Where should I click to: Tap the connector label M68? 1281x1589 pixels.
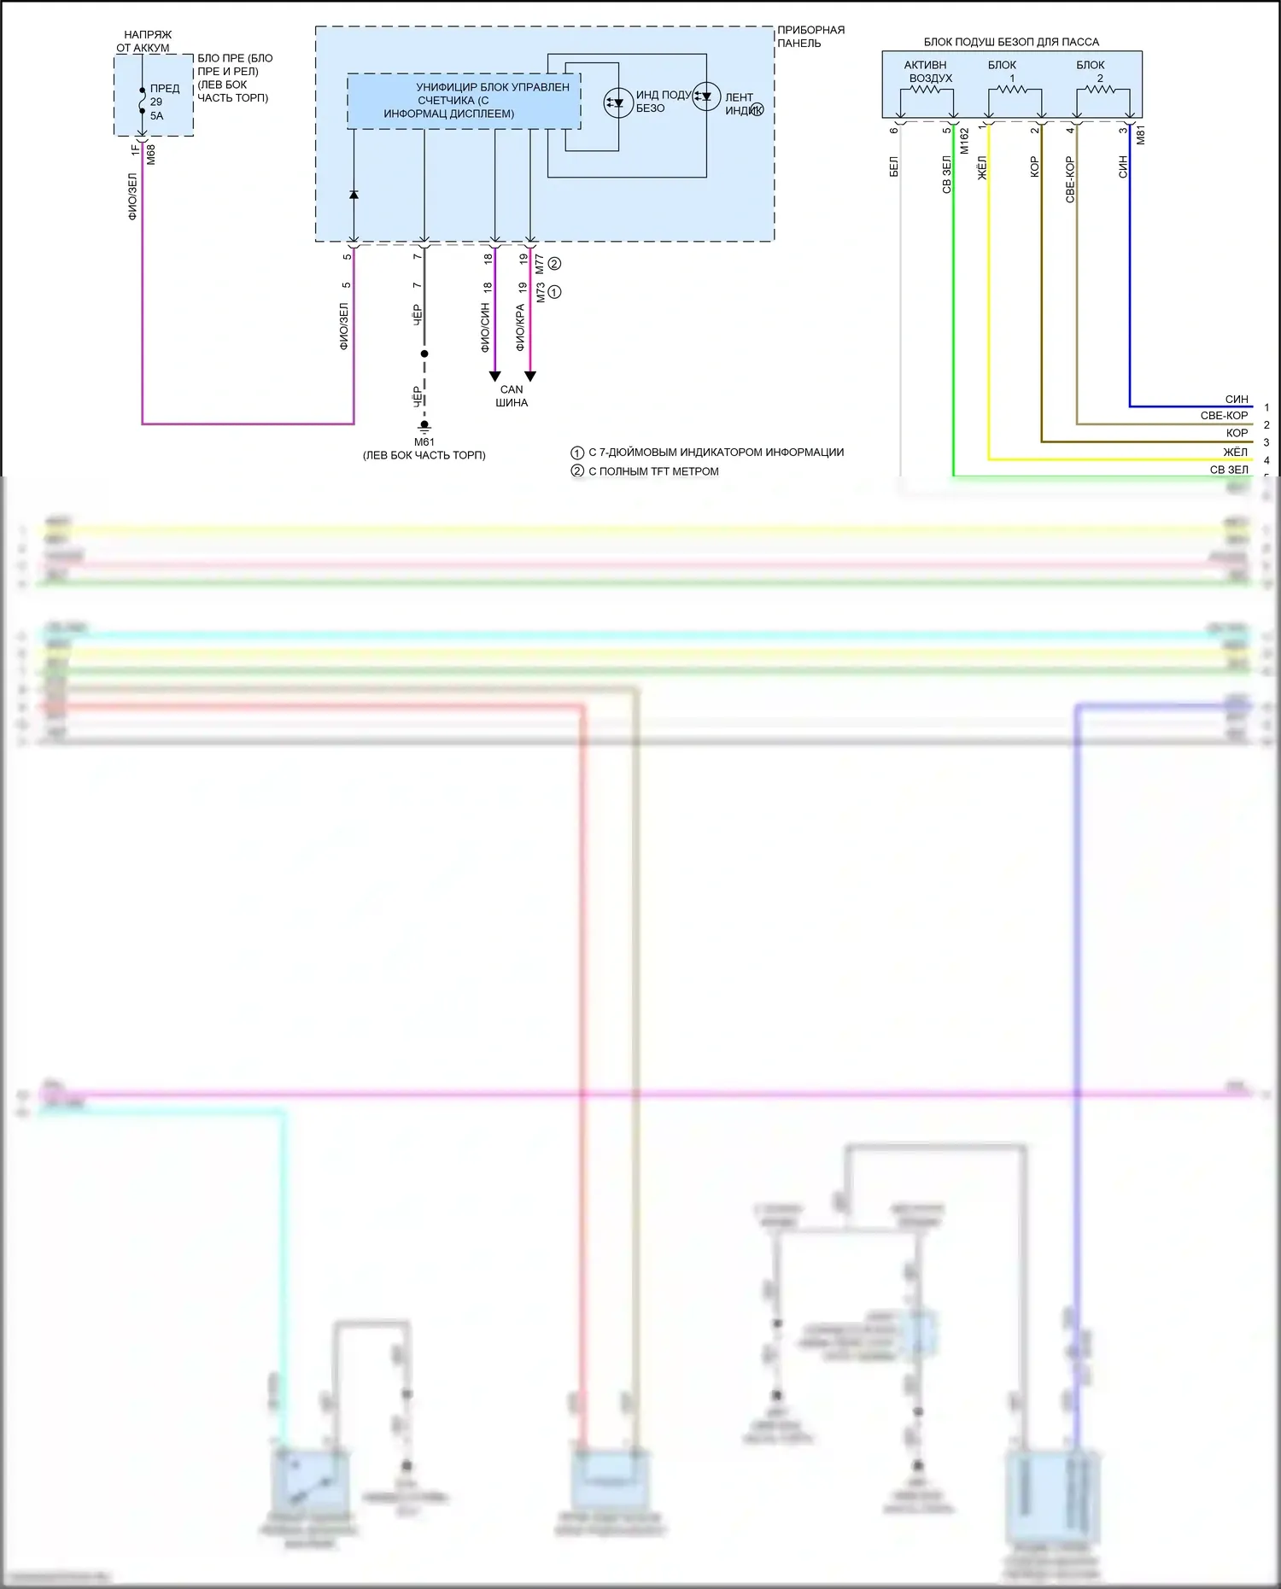click(x=151, y=155)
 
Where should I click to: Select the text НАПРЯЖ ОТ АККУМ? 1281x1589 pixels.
click(x=145, y=41)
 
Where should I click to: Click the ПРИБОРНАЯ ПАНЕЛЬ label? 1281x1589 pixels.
click(x=810, y=36)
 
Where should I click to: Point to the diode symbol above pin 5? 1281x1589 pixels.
click(x=354, y=195)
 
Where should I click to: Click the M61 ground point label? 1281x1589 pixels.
click(x=424, y=441)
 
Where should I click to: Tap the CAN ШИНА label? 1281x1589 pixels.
click(x=512, y=396)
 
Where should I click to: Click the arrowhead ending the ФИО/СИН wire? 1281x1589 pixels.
click(x=494, y=377)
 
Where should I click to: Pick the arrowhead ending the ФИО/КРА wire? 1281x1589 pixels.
click(x=530, y=377)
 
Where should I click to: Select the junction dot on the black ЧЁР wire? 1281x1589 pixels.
click(x=424, y=353)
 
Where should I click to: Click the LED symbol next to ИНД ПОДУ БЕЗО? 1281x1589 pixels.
click(x=617, y=102)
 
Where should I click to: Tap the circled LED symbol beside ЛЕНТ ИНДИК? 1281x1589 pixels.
click(x=706, y=96)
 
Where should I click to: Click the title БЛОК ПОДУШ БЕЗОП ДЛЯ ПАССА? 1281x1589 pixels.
click(x=1011, y=42)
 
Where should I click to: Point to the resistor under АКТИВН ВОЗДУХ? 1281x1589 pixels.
click(x=926, y=89)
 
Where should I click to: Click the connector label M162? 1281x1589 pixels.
click(x=964, y=141)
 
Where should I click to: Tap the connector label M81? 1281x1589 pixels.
click(x=1140, y=135)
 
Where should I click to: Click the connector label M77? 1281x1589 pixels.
click(x=540, y=264)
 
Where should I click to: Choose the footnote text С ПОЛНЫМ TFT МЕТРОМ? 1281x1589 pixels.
click(x=653, y=471)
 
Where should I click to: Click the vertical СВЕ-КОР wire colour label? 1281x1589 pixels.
click(x=1070, y=179)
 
